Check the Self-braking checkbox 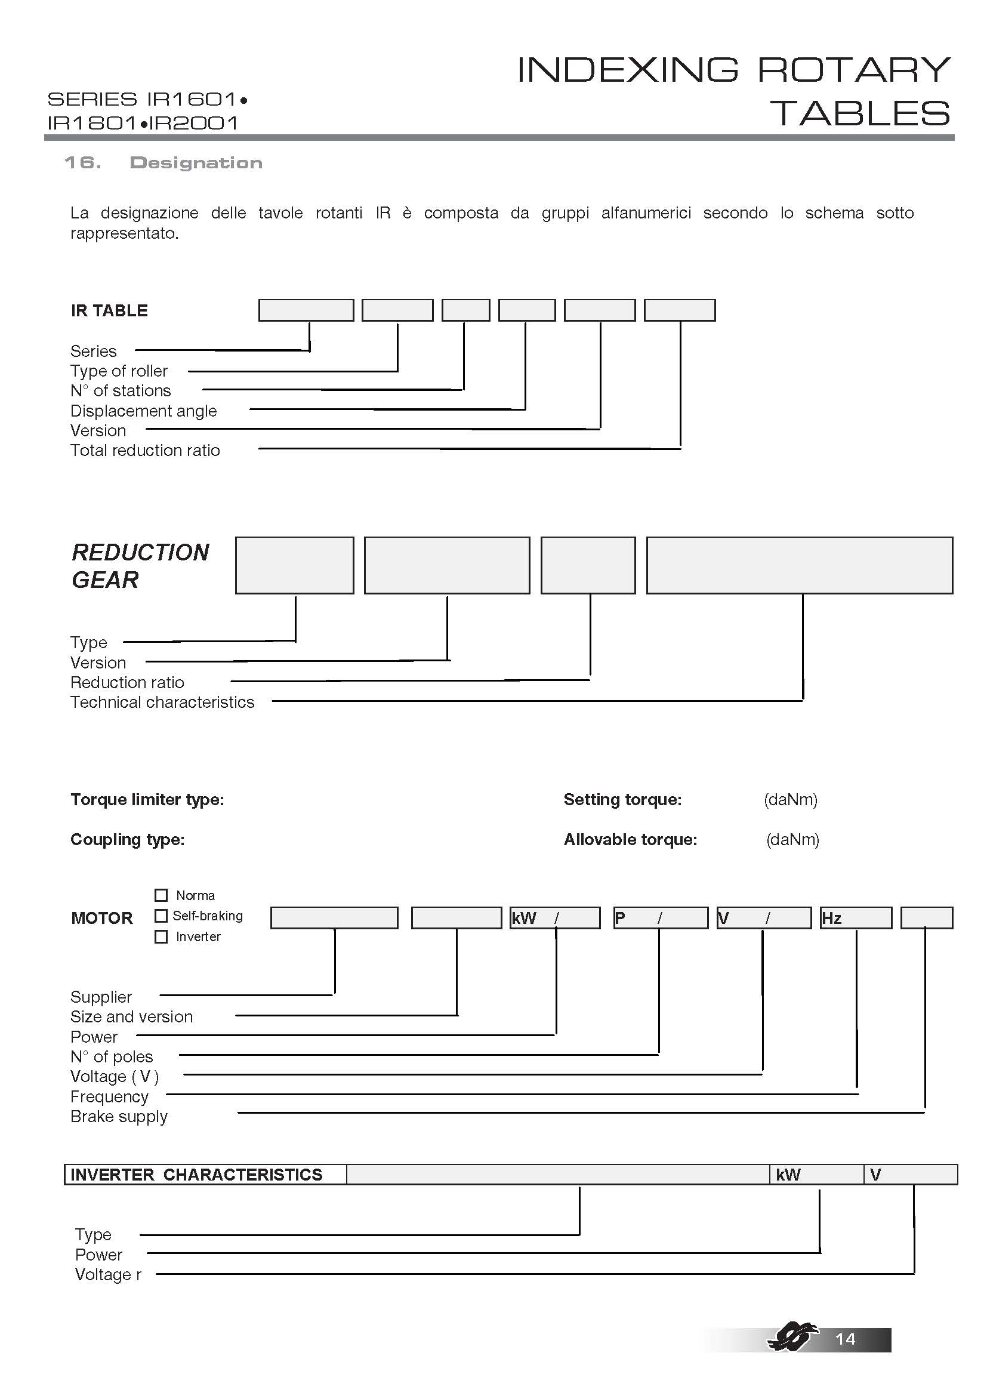coord(161,916)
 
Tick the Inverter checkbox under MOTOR coord(161,936)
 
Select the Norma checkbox coord(161,895)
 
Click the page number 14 coord(846,1339)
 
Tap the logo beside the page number coord(790,1337)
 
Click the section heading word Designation coord(196,163)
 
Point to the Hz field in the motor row coord(856,917)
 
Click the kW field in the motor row coord(555,917)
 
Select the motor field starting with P coord(660,917)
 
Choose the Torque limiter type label coord(147,799)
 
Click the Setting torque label coord(622,799)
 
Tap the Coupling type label coord(128,839)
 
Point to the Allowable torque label coord(630,839)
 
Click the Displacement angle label coord(143,411)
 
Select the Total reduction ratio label coord(145,450)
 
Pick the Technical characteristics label coord(162,702)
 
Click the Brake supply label coord(119,1116)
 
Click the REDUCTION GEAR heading coord(140,565)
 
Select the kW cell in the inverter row coord(816,1174)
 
